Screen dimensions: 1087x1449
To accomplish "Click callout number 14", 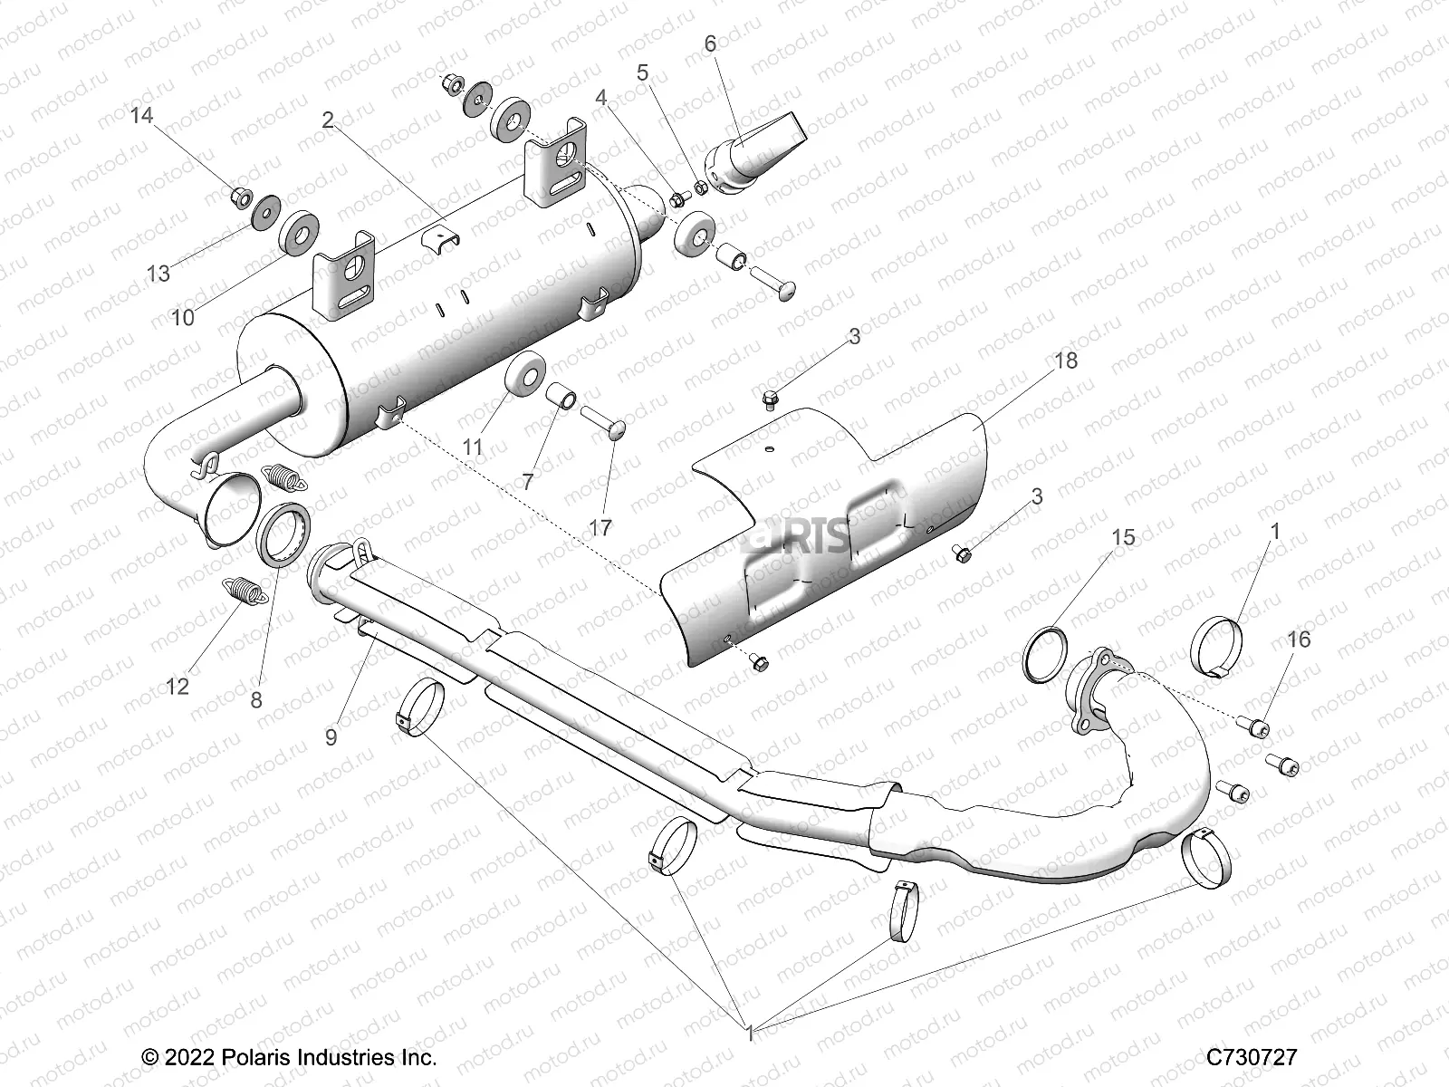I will tap(141, 116).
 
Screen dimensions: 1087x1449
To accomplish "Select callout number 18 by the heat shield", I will tap(1066, 361).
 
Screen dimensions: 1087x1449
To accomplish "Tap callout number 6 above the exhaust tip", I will tap(710, 43).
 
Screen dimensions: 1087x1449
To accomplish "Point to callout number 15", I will tap(1123, 537).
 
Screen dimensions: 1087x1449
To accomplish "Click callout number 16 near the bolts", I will tap(1298, 640).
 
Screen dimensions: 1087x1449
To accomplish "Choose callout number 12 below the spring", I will tap(178, 686).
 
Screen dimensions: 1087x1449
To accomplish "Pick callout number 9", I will tap(331, 737).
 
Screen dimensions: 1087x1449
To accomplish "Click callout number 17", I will tap(600, 527).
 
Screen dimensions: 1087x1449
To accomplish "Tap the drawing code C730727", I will tap(1252, 1057).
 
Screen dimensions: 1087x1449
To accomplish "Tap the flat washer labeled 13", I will tap(265, 214).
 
